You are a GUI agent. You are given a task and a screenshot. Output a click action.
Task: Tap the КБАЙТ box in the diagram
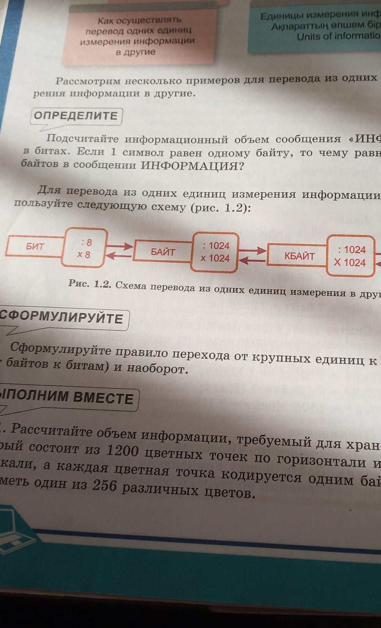click(299, 256)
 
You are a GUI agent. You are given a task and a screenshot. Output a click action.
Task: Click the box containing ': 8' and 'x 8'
click(84, 248)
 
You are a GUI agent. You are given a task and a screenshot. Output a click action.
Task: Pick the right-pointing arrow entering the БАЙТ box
click(119, 246)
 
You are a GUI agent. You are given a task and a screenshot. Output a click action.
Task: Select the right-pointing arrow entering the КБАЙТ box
click(252, 250)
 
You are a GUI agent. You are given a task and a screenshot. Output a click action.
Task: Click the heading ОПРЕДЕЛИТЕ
click(76, 116)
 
